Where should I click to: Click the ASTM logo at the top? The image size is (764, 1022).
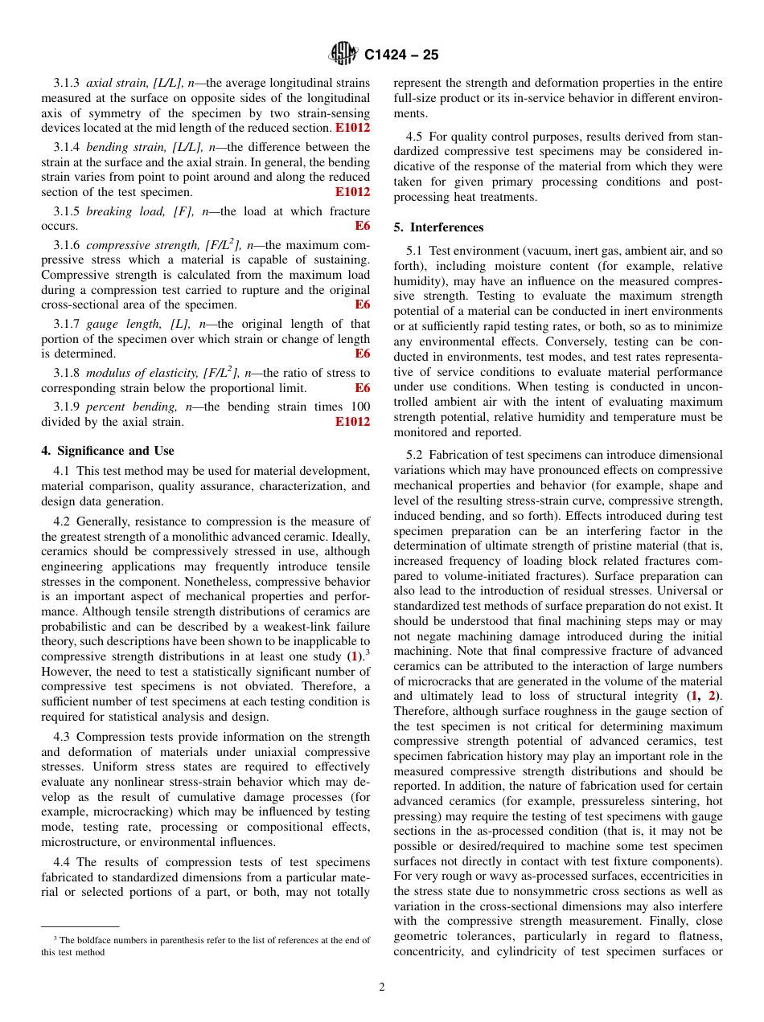click(x=343, y=55)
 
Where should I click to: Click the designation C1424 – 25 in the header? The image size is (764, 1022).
click(x=401, y=55)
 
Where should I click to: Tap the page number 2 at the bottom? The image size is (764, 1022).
click(x=382, y=987)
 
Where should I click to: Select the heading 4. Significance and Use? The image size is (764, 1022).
click(x=108, y=451)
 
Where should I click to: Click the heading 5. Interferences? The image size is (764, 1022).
click(x=438, y=227)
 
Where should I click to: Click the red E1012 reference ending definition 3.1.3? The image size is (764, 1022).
click(x=352, y=128)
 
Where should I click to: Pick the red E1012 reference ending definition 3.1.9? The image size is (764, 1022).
click(x=352, y=422)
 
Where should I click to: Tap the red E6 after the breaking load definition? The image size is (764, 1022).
click(x=363, y=227)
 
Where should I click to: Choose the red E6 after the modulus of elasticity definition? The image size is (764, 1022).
click(x=363, y=388)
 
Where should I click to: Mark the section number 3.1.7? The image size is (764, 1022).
click(x=67, y=324)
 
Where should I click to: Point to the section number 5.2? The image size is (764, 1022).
click(x=415, y=455)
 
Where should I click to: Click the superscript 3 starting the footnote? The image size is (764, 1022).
click(x=55, y=938)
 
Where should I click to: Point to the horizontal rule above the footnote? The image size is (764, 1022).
click(x=80, y=926)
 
